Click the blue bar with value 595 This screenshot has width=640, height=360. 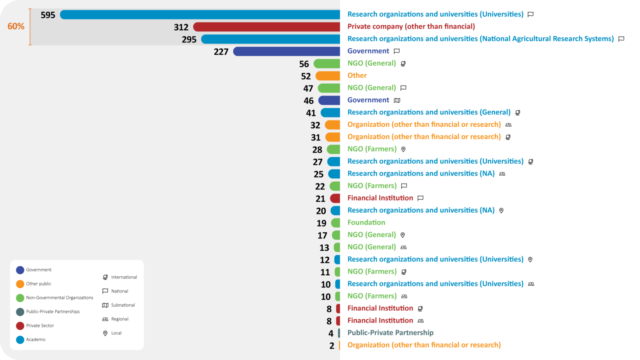(200, 15)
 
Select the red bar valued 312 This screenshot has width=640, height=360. (266, 27)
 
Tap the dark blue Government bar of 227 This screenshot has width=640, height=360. (286, 51)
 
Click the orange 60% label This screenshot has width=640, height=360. (16, 26)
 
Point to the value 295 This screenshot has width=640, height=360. (189, 40)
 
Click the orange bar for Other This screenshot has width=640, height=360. (328, 76)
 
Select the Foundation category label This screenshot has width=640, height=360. (366, 222)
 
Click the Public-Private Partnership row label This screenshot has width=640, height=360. (390, 333)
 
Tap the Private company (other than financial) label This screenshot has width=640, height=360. (411, 26)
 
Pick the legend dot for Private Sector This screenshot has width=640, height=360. (20, 326)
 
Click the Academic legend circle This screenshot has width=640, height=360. (20, 340)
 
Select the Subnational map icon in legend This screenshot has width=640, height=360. (105, 305)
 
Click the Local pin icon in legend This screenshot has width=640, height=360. (105, 333)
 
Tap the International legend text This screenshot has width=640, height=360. (124, 277)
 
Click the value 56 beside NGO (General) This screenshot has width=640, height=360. (304, 64)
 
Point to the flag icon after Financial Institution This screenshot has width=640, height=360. (420, 198)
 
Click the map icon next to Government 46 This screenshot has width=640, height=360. (397, 100)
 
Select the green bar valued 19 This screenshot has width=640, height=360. (336, 223)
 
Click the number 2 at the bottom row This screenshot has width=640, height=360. (332, 346)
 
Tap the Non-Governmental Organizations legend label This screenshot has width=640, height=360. (60, 298)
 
